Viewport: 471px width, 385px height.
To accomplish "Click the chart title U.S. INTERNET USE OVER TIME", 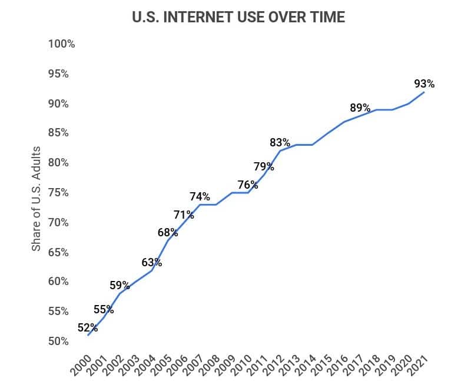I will (238, 18).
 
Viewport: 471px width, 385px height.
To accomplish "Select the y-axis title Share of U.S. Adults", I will (37, 199).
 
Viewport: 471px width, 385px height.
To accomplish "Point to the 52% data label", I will (87, 328).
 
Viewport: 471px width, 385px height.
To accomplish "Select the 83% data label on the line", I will (280, 142).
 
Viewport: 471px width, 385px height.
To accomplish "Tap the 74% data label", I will (200, 196).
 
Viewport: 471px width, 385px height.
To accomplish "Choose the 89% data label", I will (360, 108).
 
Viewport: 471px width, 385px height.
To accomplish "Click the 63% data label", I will (151, 262).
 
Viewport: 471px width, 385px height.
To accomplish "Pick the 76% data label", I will (248, 185).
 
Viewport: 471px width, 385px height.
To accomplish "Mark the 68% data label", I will (168, 232).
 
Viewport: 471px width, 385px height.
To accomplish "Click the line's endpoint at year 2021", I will (424, 92).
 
